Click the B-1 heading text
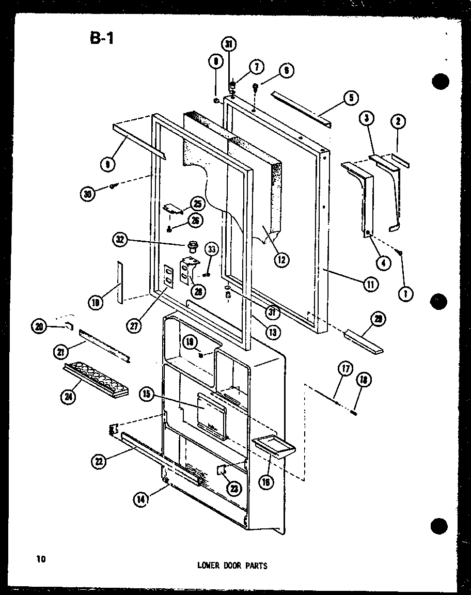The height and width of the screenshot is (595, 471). (101, 38)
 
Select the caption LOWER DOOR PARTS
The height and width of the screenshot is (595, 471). (232, 566)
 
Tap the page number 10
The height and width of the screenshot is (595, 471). (41, 558)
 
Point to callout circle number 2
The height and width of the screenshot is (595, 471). (398, 122)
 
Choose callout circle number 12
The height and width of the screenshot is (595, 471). (282, 259)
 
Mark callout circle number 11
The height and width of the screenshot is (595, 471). (371, 283)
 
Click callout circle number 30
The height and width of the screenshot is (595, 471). (88, 194)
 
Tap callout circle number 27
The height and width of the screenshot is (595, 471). (136, 325)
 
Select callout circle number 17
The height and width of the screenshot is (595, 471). (344, 369)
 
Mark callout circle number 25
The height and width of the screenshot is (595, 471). (197, 203)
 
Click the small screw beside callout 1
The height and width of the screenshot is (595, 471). (400, 252)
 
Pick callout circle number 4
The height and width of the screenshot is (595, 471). (383, 262)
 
